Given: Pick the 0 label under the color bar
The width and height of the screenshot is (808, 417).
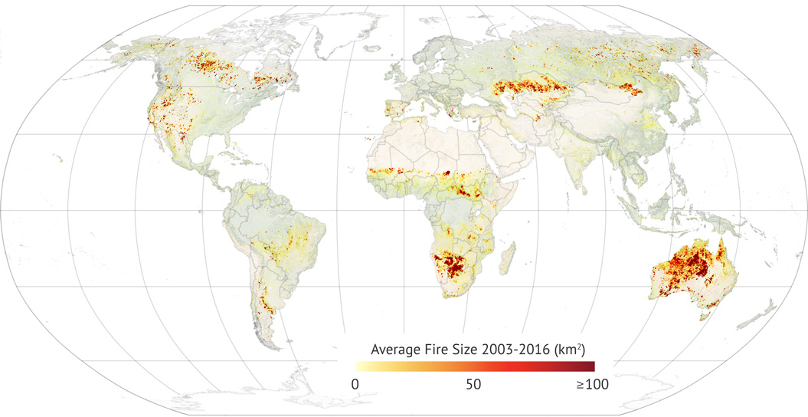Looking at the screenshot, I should tap(355, 384).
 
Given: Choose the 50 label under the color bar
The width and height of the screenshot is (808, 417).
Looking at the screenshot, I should tap(474, 384).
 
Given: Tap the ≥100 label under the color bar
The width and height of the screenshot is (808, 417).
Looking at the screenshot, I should tap(592, 384).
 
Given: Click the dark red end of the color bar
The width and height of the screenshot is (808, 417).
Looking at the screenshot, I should tap(590, 366).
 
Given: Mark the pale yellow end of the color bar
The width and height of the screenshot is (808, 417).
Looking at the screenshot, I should tap(358, 366).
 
